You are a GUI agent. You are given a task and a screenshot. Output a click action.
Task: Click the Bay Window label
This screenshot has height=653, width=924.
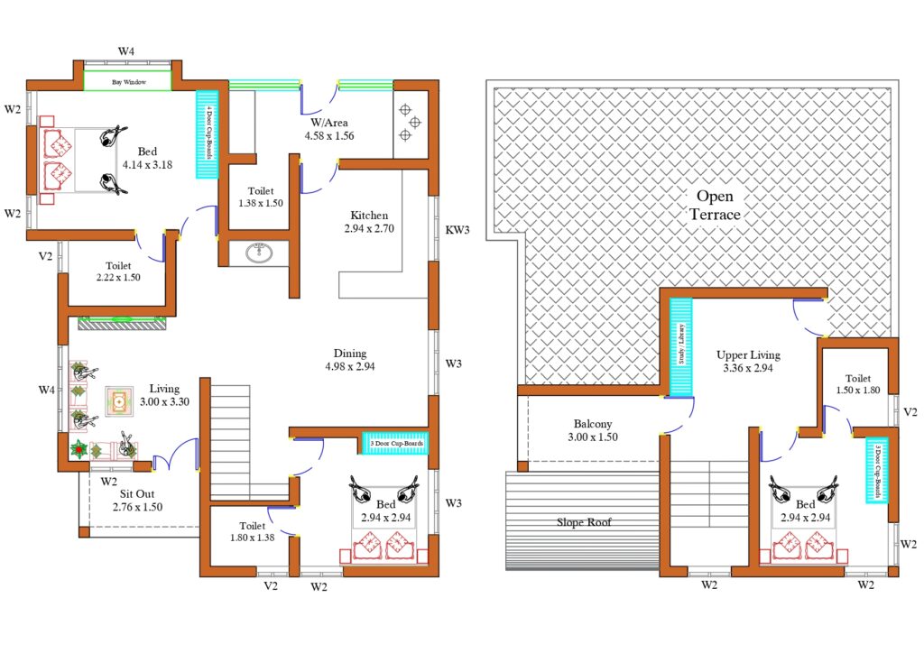pyautogui.click(x=129, y=82)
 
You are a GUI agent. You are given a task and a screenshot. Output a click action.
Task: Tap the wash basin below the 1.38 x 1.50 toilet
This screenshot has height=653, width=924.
pyautogui.click(x=259, y=253)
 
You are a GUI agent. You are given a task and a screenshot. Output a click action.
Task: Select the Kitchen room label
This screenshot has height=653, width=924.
pyautogui.click(x=369, y=215)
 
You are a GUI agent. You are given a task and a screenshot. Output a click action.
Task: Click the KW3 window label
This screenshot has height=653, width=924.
pyautogui.click(x=457, y=230)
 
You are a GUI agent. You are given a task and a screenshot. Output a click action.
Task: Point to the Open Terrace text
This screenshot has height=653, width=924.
pyautogui.click(x=716, y=205)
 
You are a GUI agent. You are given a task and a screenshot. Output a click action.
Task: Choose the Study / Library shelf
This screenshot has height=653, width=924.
pyautogui.click(x=681, y=346)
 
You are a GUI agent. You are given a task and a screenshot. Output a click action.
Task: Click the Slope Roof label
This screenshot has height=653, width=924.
pyautogui.click(x=584, y=521)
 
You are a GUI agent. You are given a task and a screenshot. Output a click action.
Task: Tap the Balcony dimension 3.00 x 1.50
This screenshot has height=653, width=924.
pyautogui.click(x=593, y=437)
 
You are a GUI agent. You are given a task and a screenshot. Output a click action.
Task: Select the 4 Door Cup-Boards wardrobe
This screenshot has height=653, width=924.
pyautogui.click(x=207, y=134)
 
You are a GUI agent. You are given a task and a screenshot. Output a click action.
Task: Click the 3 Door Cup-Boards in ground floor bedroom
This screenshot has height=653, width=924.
pyautogui.click(x=395, y=443)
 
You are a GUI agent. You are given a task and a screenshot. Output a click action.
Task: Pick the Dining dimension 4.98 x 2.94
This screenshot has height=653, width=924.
pyautogui.click(x=350, y=366)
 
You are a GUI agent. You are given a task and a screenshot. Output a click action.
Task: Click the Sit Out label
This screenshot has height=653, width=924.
pyautogui.click(x=137, y=494)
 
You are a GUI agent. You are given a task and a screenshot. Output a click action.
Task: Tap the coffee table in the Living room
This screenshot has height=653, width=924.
pyautogui.click(x=119, y=401)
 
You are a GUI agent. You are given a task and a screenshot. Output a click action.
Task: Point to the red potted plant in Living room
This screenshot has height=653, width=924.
pyautogui.click(x=79, y=450)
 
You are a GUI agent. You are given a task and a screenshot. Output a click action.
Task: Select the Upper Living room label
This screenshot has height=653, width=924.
pyautogui.click(x=748, y=355)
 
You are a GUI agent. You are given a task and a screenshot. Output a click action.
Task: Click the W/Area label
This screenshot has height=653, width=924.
pyautogui.click(x=329, y=123)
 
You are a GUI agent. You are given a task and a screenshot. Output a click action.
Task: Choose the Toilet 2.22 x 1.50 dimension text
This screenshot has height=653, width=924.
pyautogui.click(x=118, y=277)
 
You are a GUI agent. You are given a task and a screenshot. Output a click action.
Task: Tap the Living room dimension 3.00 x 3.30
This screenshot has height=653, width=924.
pyautogui.click(x=164, y=402)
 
